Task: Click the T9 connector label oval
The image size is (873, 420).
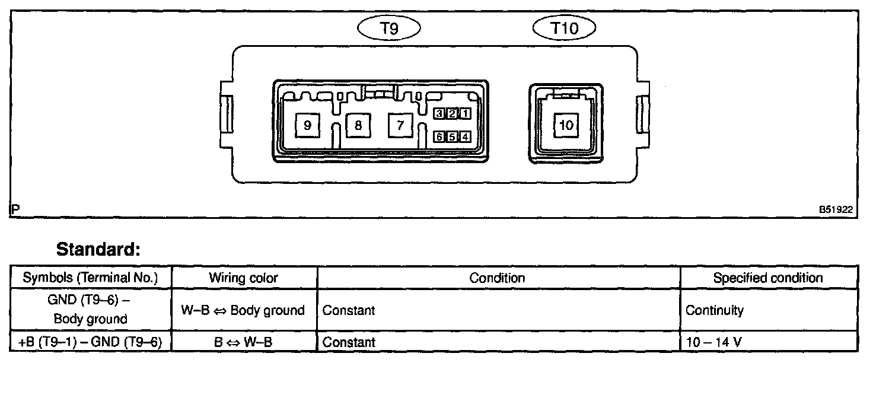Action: tap(389, 27)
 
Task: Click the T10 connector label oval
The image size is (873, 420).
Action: tap(565, 27)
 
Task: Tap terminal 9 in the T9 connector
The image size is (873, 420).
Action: tap(307, 125)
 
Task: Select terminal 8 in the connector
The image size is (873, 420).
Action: tap(358, 125)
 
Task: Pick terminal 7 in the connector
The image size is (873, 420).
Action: tap(400, 125)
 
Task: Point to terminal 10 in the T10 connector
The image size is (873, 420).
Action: tap(566, 125)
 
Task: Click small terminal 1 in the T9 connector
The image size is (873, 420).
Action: tap(465, 113)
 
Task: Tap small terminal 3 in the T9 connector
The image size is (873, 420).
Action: tap(439, 113)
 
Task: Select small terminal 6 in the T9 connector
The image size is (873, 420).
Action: tap(439, 137)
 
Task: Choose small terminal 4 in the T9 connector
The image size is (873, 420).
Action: tap(465, 137)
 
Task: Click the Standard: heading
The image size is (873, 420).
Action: tap(98, 250)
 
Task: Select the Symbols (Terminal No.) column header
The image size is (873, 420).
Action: tap(90, 278)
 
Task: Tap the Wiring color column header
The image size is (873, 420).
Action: tap(243, 278)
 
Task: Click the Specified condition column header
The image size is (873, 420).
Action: tap(768, 278)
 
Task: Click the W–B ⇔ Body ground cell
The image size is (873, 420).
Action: tap(243, 310)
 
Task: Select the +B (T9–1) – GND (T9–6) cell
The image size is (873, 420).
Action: tap(90, 342)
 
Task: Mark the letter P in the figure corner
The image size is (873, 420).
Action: tap(15, 209)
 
